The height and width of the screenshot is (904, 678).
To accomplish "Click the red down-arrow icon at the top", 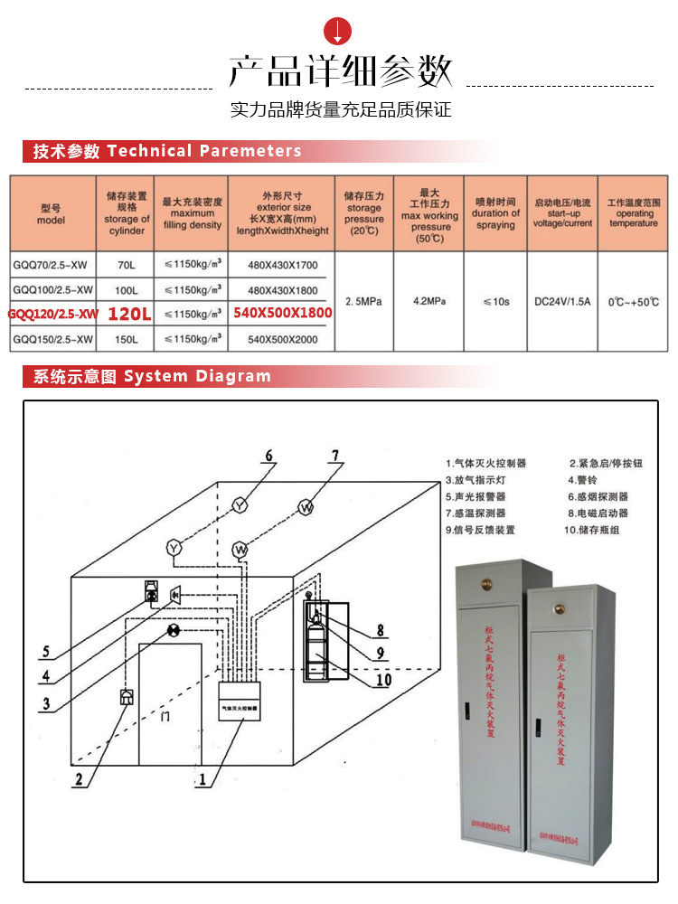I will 339,30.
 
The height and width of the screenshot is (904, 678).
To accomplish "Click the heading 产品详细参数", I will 339,70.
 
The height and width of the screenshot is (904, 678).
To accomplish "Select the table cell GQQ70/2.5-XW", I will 52,264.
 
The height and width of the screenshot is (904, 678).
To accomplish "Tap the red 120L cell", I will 127,314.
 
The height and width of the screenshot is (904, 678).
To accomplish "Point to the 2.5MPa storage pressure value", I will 364,301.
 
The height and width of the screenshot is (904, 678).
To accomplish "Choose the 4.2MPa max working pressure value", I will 429,301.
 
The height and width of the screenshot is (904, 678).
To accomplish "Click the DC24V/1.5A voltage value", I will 561,301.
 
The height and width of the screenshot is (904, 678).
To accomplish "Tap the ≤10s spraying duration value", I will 495,301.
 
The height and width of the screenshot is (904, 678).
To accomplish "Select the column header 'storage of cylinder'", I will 127,212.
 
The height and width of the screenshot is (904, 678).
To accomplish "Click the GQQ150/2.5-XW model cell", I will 52,339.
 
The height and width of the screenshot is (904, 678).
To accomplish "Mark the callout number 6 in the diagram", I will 268,456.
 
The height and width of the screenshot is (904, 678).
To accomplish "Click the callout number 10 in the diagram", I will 383,680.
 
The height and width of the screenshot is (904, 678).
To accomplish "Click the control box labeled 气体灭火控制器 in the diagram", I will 240,709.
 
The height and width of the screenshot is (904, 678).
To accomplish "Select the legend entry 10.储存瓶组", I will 595,530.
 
